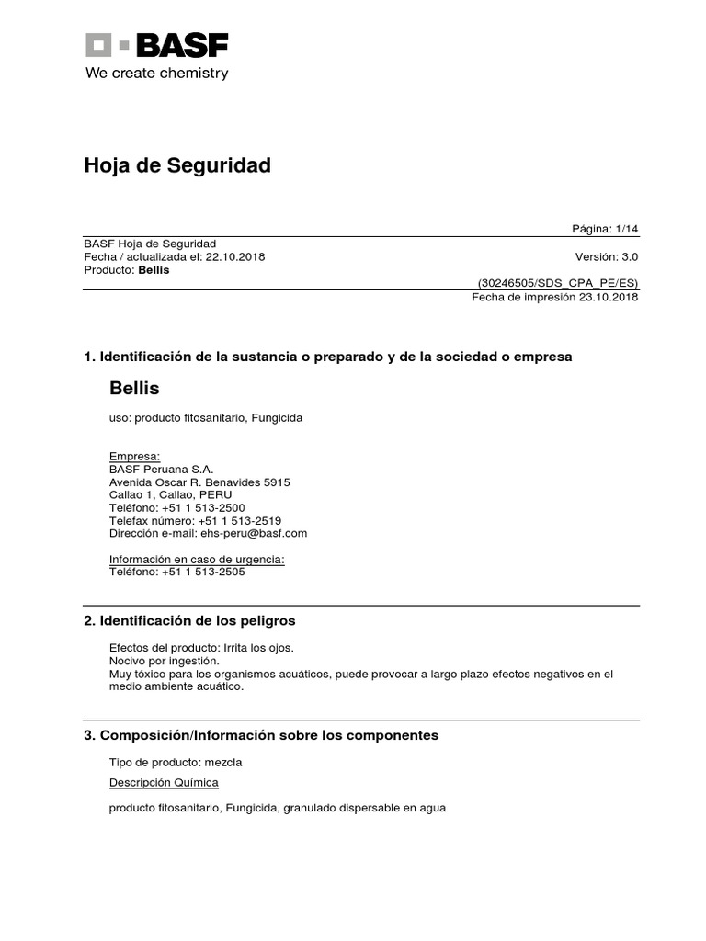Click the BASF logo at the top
pos(157,45)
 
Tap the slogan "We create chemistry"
pos(156,74)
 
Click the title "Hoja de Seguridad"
pos(177,165)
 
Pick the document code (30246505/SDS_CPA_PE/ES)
pos(557,283)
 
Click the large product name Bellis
pos(134,389)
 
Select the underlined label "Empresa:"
pos(134,456)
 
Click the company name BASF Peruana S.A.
pos(161,469)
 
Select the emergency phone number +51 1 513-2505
pos(203,572)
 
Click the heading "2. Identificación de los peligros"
pos(189,621)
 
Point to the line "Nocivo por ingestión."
pos(165,660)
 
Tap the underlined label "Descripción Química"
pos(164,783)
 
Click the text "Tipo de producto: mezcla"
pos(176,763)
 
